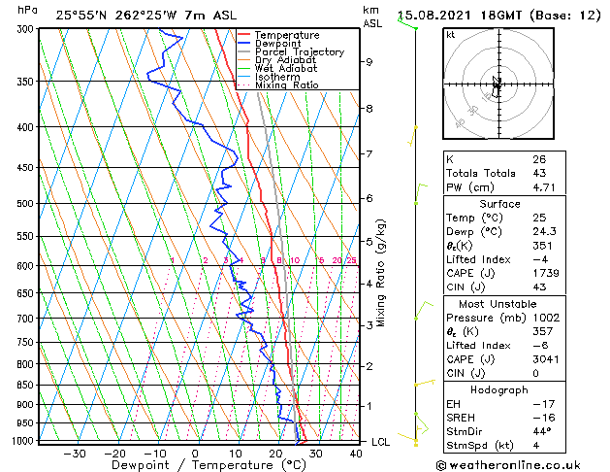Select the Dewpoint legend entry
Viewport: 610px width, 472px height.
pos(283,44)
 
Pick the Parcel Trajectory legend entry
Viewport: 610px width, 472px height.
pos(299,51)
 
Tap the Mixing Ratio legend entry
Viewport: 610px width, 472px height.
pos(287,85)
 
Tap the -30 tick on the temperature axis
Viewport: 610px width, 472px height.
pos(75,453)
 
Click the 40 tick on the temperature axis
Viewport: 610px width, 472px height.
pos(355,453)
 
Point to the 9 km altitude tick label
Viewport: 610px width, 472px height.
pos(369,62)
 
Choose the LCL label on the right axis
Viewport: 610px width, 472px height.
pos(382,442)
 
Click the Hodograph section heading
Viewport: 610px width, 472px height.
pos(499,389)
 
